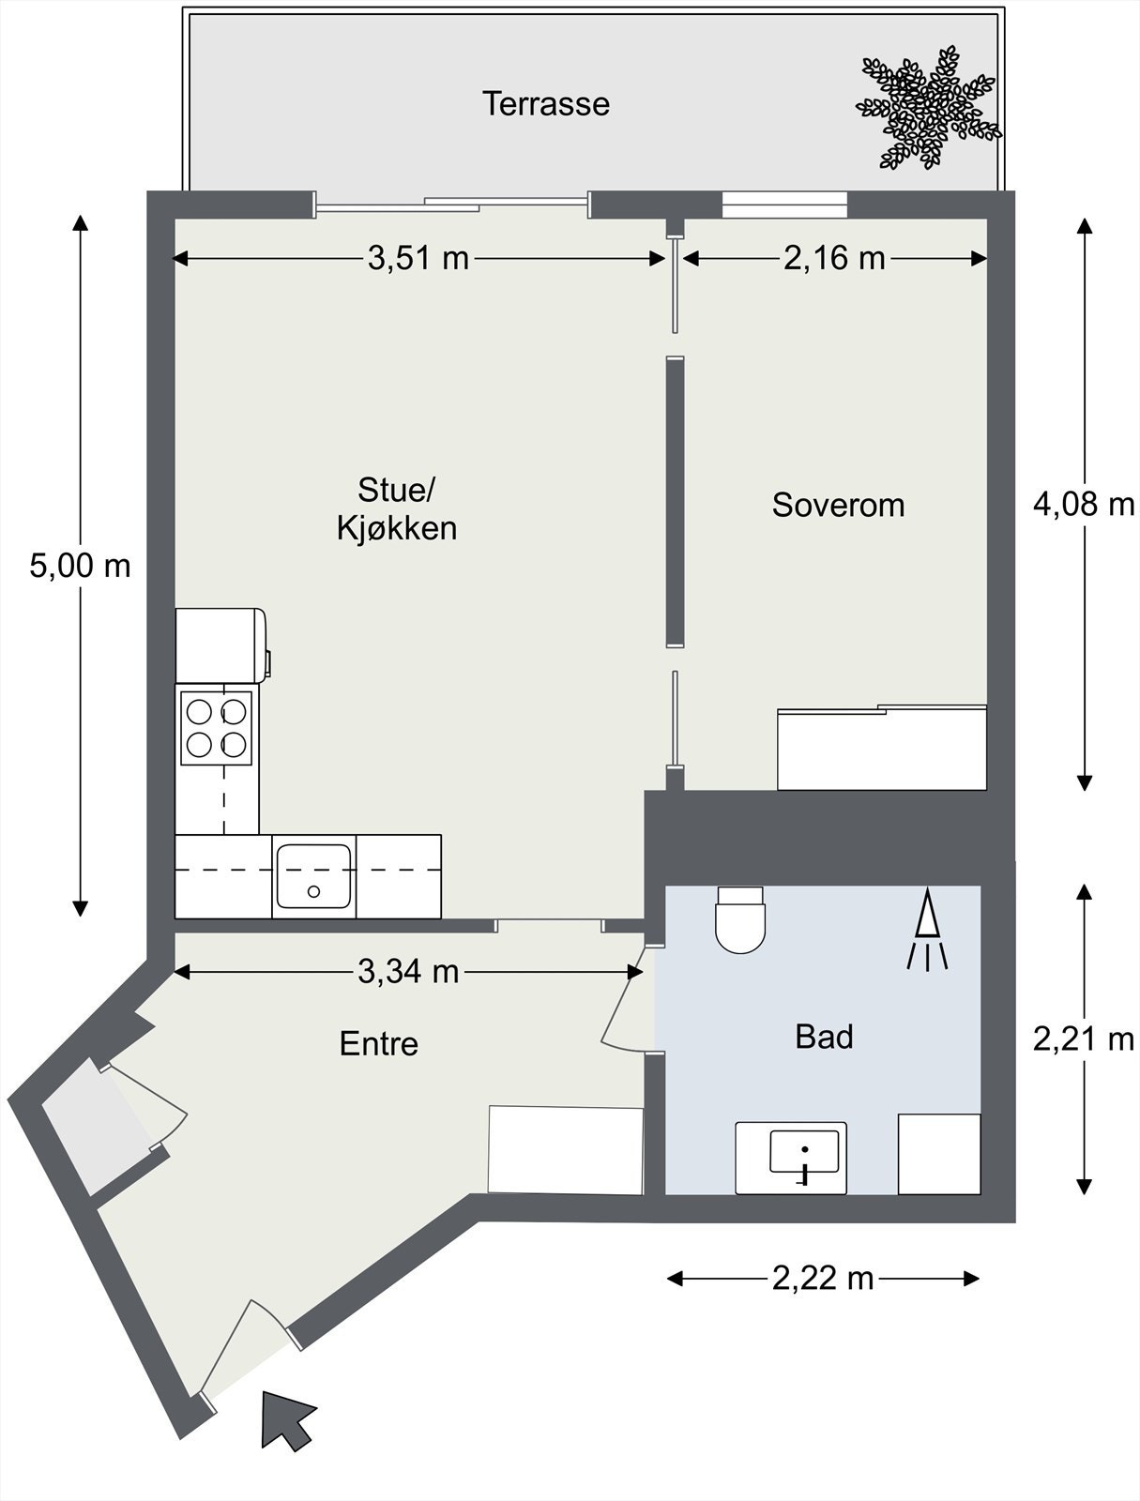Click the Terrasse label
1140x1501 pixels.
point(546,104)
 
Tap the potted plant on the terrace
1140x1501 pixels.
point(928,108)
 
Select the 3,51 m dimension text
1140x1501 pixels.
point(418,259)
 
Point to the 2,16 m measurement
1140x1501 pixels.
point(834,259)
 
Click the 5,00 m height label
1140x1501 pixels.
point(80,567)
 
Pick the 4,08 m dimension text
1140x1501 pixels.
point(1084,505)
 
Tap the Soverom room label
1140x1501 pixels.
point(839,506)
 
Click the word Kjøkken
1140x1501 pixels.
point(397,528)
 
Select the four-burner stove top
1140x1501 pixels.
point(216,728)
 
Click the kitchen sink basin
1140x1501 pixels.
point(314,875)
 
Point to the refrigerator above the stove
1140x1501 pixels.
point(221,645)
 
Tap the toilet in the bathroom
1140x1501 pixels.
point(740,919)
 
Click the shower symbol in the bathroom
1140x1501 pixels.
point(927,929)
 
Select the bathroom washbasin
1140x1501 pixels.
point(791,1158)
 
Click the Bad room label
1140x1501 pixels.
point(824,1038)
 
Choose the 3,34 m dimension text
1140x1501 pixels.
point(408,972)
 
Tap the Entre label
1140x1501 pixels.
point(379,1044)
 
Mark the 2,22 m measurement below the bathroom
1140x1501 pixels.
point(824,1278)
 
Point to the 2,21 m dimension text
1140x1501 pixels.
point(1084,1040)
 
